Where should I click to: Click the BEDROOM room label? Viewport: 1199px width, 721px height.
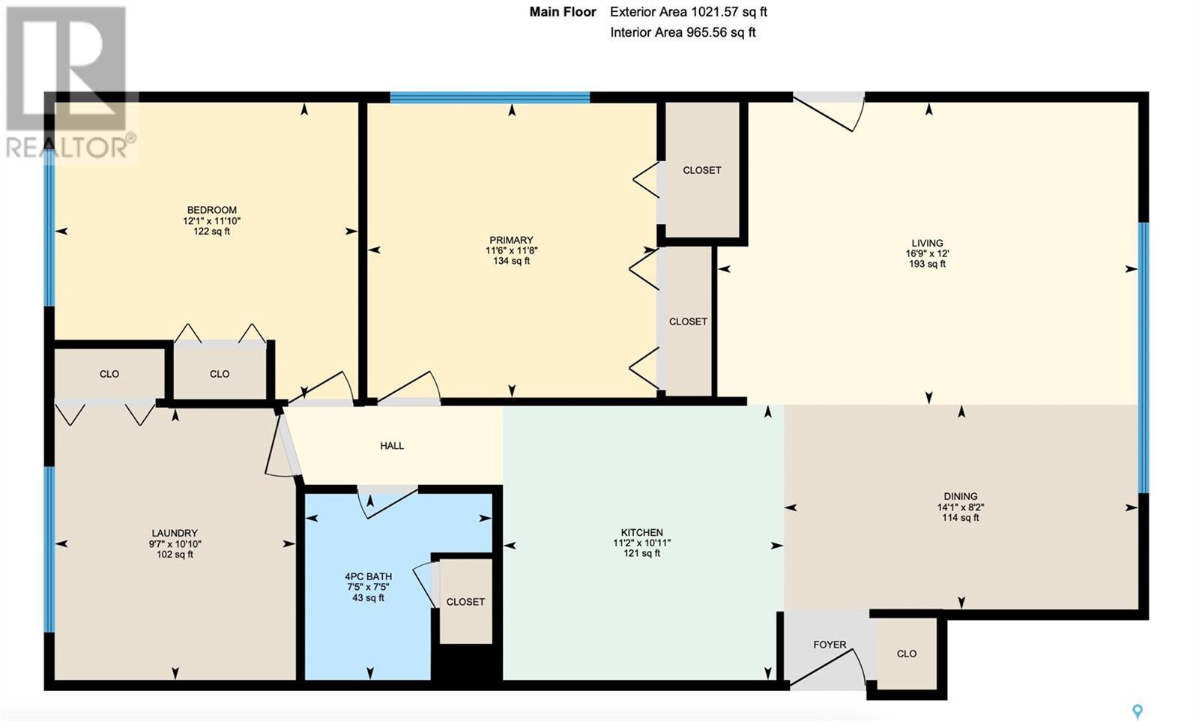point(211,210)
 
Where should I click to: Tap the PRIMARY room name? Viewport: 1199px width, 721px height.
point(511,240)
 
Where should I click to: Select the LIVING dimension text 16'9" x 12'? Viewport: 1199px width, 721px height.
point(927,254)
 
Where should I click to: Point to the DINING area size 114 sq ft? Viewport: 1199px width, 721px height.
point(960,518)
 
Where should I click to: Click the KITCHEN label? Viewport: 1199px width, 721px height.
point(641,533)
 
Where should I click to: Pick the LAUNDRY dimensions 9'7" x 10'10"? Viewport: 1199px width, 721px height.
point(175,544)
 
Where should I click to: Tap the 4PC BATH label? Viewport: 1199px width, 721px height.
point(368,576)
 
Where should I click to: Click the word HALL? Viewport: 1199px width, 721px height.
point(392,445)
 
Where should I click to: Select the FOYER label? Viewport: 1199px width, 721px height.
point(830,645)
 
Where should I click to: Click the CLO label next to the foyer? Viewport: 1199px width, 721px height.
point(906,654)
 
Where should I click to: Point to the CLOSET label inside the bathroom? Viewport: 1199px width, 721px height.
point(465,602)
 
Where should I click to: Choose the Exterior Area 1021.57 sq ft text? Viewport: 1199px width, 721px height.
point(689,12)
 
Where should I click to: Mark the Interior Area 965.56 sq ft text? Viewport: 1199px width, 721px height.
point(683,33)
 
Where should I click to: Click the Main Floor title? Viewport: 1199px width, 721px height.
point(563,12)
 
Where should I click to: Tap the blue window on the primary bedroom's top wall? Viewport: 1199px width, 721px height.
point(490,97)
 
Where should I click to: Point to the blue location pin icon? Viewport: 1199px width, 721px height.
point(1138,711)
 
